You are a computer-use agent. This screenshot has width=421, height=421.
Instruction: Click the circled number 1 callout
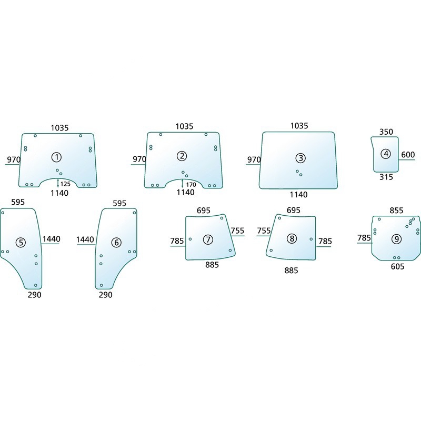[56, 157]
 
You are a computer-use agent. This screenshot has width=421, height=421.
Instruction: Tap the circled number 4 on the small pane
[386, 154]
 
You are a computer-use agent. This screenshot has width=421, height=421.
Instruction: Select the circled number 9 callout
[396, 239]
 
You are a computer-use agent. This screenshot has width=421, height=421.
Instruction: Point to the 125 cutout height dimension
[65, 184]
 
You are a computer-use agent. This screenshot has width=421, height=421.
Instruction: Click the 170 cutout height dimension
[191, 185]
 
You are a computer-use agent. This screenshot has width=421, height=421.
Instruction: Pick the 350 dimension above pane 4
[386, 132]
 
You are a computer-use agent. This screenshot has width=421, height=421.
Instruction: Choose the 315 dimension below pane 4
[386, 177]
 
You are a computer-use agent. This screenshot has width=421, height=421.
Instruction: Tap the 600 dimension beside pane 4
[408, 155]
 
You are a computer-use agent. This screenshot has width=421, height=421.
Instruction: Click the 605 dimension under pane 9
[397, 267]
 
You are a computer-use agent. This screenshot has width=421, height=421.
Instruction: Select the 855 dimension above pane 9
[396, 210]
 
